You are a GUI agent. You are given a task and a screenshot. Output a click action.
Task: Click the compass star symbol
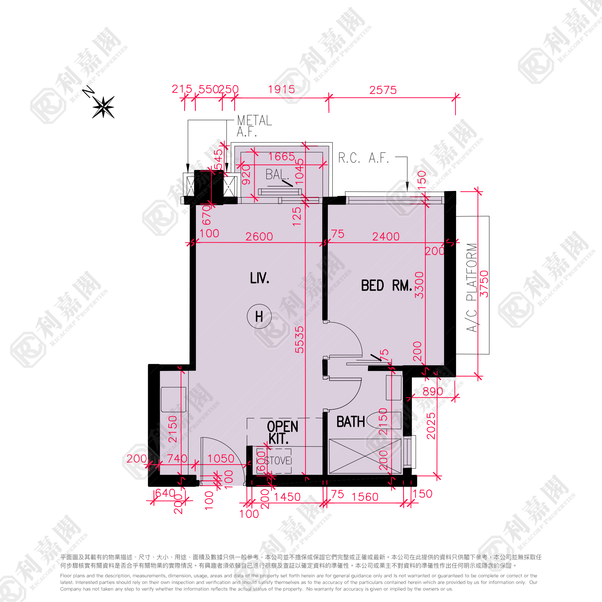(103, 107)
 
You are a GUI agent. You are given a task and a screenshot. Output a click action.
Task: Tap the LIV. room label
(260, 278)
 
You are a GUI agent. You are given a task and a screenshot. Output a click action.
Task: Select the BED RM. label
(386, 285)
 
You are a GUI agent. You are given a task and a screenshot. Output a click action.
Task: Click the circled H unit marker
(259, 317)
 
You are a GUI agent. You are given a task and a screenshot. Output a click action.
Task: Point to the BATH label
(351, 422)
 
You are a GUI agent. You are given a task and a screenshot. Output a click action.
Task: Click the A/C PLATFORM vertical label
(472, 287)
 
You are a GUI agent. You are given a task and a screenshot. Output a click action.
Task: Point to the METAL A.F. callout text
(254, 126)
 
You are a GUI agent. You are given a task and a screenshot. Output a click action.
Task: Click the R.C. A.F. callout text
(363, 158)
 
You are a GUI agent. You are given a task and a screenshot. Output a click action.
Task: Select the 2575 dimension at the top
(383, 90)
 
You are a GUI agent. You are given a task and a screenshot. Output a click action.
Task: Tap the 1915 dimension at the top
(281, 90)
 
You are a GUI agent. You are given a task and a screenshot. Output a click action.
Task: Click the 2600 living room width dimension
(259, 237)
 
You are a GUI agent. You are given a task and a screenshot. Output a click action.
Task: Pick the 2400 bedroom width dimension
(386, 237)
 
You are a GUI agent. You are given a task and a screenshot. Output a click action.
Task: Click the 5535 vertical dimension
(299, 340)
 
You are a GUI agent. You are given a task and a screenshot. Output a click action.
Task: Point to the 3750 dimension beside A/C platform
(484, 283)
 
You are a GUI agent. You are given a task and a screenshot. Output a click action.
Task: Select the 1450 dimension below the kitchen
(287, 497)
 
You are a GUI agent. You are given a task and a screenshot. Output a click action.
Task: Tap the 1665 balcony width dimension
(282, 157)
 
